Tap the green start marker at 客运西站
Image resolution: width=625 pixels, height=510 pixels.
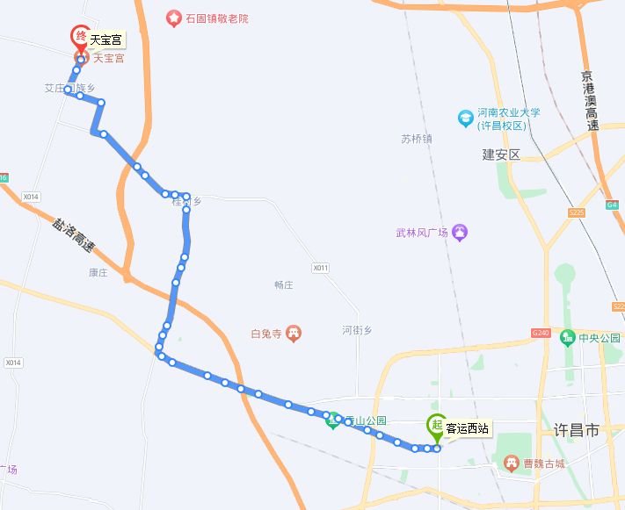coord(436,427)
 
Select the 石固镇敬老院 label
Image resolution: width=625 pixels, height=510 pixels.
coord(217,18)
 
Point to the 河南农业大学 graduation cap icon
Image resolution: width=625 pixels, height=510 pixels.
coord(466,118)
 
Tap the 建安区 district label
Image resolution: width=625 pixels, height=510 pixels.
coord(501,154)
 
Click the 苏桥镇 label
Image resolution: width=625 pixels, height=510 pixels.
coord(417,139)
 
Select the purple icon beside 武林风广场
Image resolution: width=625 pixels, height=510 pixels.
coord(461,233)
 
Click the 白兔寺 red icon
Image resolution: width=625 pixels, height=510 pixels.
coord(294,334)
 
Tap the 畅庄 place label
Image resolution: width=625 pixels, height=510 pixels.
coord(283,285)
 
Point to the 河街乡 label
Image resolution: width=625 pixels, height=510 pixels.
coord(357,330)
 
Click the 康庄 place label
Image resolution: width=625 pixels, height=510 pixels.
coord(98,273)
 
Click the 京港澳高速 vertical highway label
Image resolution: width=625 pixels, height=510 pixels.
coord(592,101)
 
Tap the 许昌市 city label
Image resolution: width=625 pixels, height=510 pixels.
coord(577,431)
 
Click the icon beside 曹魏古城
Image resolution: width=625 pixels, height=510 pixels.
coord(510,463)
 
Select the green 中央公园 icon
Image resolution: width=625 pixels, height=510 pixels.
coord(568,337)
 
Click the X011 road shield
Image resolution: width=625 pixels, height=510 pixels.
coord(320,267)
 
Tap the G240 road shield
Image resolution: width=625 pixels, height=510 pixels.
coord(540,333)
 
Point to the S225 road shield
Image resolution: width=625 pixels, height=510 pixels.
coord(577,212)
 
